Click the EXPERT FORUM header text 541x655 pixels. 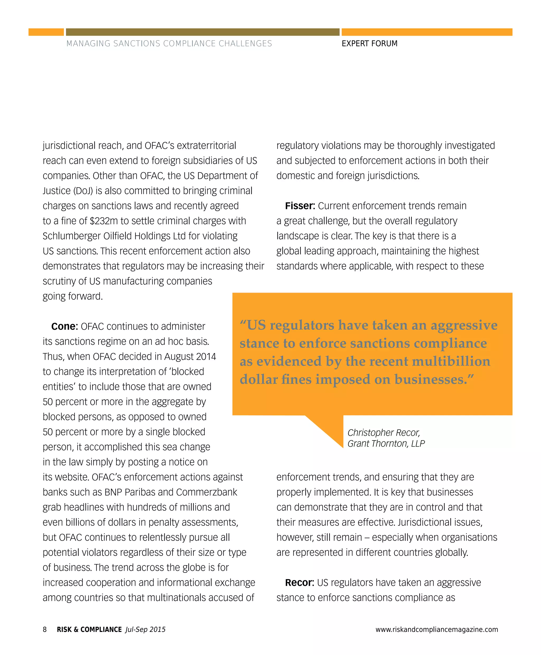click(x=369, y=44)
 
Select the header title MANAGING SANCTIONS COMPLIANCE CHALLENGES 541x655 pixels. click(x=169, y=44)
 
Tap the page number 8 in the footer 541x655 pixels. click(x=45, y=629)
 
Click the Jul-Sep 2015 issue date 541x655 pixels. click(x=145, y=629)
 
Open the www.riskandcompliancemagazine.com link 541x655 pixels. click(x=437, y=629)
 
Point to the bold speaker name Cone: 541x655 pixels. click(x=64, y=326)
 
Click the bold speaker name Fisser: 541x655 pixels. click(x=300, y=206)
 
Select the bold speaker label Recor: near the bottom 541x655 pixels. click(x=299, y=582)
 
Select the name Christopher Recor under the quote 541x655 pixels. click(x=384, y=433)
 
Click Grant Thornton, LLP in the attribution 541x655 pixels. click(x=386, y=443)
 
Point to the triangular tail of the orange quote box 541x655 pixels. click(x=330, y=429)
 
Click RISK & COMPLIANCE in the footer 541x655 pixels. click(x=89, y=629)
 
